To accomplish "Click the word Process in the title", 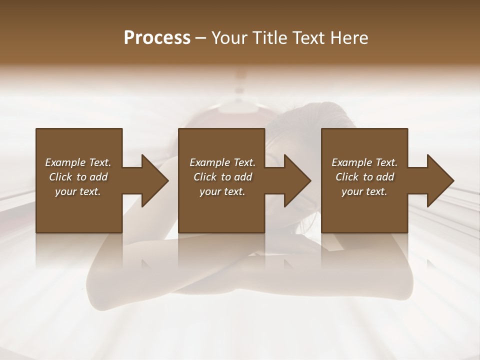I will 157,37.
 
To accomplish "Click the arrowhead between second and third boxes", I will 297,180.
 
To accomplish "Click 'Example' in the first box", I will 65,162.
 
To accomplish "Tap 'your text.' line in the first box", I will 78,191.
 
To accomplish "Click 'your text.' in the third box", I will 364,191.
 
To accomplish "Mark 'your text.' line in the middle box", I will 222,191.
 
